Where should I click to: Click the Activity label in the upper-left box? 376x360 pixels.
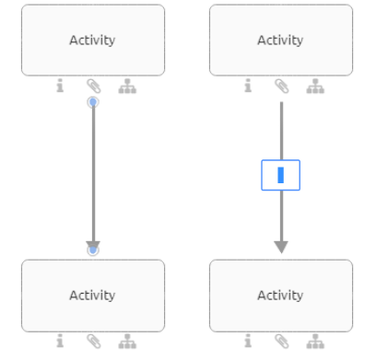[x=92, y=41]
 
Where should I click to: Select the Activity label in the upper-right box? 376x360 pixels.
[x=280, y=41]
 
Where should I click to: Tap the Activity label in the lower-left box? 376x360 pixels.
[x=92, y=296]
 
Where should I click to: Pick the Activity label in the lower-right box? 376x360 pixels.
[x=280, y=296]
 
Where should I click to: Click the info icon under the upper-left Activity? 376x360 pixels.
[x=60, y=87]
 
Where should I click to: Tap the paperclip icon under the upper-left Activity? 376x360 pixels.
[x=93, y=87]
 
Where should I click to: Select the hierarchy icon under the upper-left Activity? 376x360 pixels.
[x=126, y=87]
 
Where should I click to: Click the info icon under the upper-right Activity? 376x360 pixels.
[x=248, y=87]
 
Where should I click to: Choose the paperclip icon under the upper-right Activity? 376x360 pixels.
[x=281, y=87]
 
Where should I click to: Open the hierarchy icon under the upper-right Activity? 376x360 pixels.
[x=314, y=87]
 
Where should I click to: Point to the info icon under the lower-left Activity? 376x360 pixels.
[x=60, y=342]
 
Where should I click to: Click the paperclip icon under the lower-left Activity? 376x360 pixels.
[x=93, y=342]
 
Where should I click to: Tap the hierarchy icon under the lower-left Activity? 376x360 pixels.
[x=126, y=342]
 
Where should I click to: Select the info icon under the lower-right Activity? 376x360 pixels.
[x=248, y=342]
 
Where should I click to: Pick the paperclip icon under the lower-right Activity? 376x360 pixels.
[x=281, y=342]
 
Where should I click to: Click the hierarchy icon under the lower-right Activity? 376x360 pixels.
[x=314, y=342]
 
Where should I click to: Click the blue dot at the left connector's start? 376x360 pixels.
[x=93, y=102]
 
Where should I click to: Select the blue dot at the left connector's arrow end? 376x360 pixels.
[x=93, y=250]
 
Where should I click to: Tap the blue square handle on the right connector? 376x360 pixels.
[x=281, y=175]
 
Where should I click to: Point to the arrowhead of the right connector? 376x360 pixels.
[x=281, y=247]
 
